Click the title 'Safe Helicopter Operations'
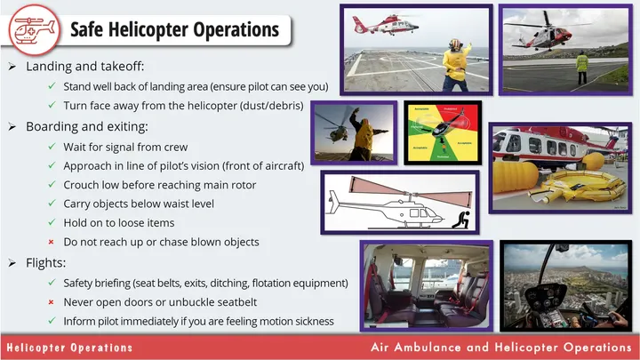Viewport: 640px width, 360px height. coord(174,29)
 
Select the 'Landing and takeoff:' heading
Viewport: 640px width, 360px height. coord(84,68)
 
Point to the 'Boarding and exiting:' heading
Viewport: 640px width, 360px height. coord(87,126)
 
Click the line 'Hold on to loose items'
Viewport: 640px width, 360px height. coord(118,223)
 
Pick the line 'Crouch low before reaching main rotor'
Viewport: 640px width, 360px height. coord(159,185)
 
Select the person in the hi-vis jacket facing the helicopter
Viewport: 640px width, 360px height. coord(581,64)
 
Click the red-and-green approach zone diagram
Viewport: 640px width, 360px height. coord(442,132)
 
